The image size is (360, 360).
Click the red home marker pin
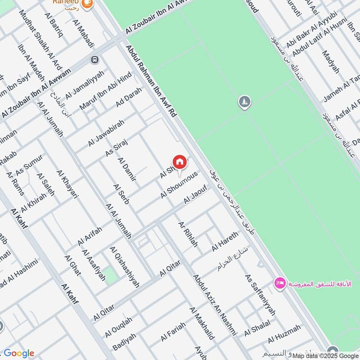179,162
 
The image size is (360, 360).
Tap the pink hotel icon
279,283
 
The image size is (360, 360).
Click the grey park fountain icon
244,102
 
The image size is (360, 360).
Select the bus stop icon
94,59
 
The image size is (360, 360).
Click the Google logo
19,353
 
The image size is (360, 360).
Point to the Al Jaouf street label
195,197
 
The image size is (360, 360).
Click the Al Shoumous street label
179,185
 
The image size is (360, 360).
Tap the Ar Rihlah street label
188,234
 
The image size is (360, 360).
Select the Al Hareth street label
225,242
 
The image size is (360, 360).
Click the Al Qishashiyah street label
124,267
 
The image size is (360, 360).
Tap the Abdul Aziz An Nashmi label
215,306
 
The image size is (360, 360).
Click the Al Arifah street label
90,235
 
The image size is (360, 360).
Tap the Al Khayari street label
68,184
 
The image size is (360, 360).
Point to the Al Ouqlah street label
119,327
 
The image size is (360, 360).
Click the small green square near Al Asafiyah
111,275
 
